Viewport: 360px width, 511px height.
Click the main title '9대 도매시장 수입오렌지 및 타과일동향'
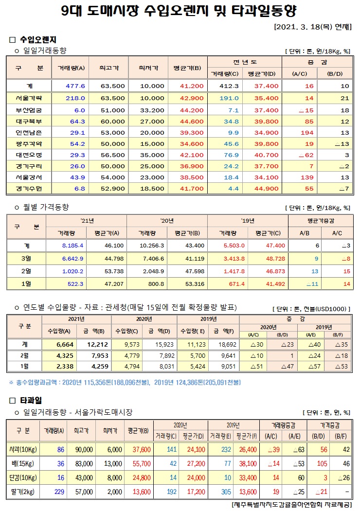[x=180, y=11]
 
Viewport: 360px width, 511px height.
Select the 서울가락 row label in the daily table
[x=29, y=98]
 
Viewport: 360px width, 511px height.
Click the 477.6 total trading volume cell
[x=75, y=86]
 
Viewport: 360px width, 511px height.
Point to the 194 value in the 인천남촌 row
[x=306, y=132]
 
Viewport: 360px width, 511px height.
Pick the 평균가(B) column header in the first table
[x=187, y=68]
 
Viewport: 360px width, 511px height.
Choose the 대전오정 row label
[x=29, y=155]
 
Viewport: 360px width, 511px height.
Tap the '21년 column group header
[x=87, y=220]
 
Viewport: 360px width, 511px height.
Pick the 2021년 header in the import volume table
[x=77, y=319]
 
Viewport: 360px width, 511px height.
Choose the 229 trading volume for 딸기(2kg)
[x=59, y=492]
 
